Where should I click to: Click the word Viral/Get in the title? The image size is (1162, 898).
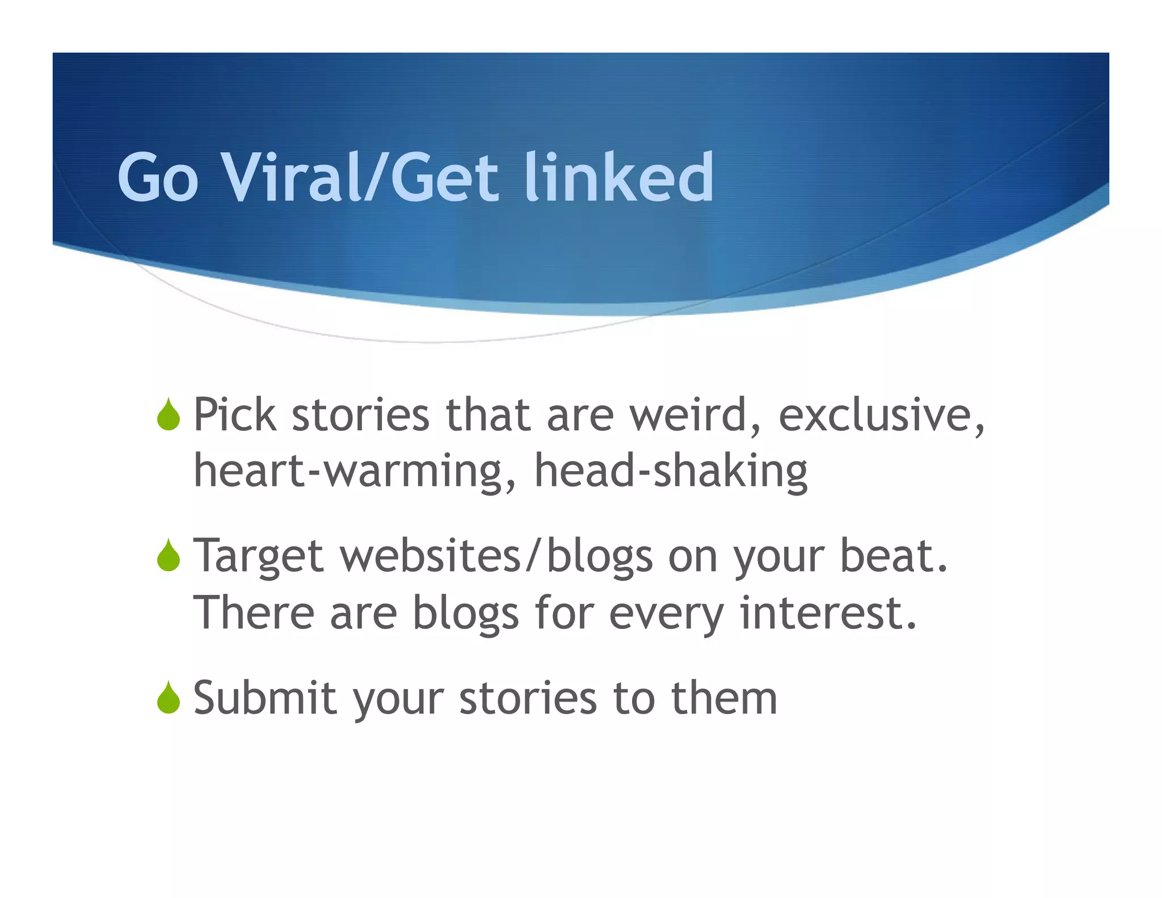pos(360,178)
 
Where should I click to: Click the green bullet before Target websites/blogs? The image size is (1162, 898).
pos(169,555)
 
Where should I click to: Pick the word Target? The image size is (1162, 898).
pos(258,556)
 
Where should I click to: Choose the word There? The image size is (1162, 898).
pos(254,613)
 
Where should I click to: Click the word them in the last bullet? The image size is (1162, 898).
pos(724,698)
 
